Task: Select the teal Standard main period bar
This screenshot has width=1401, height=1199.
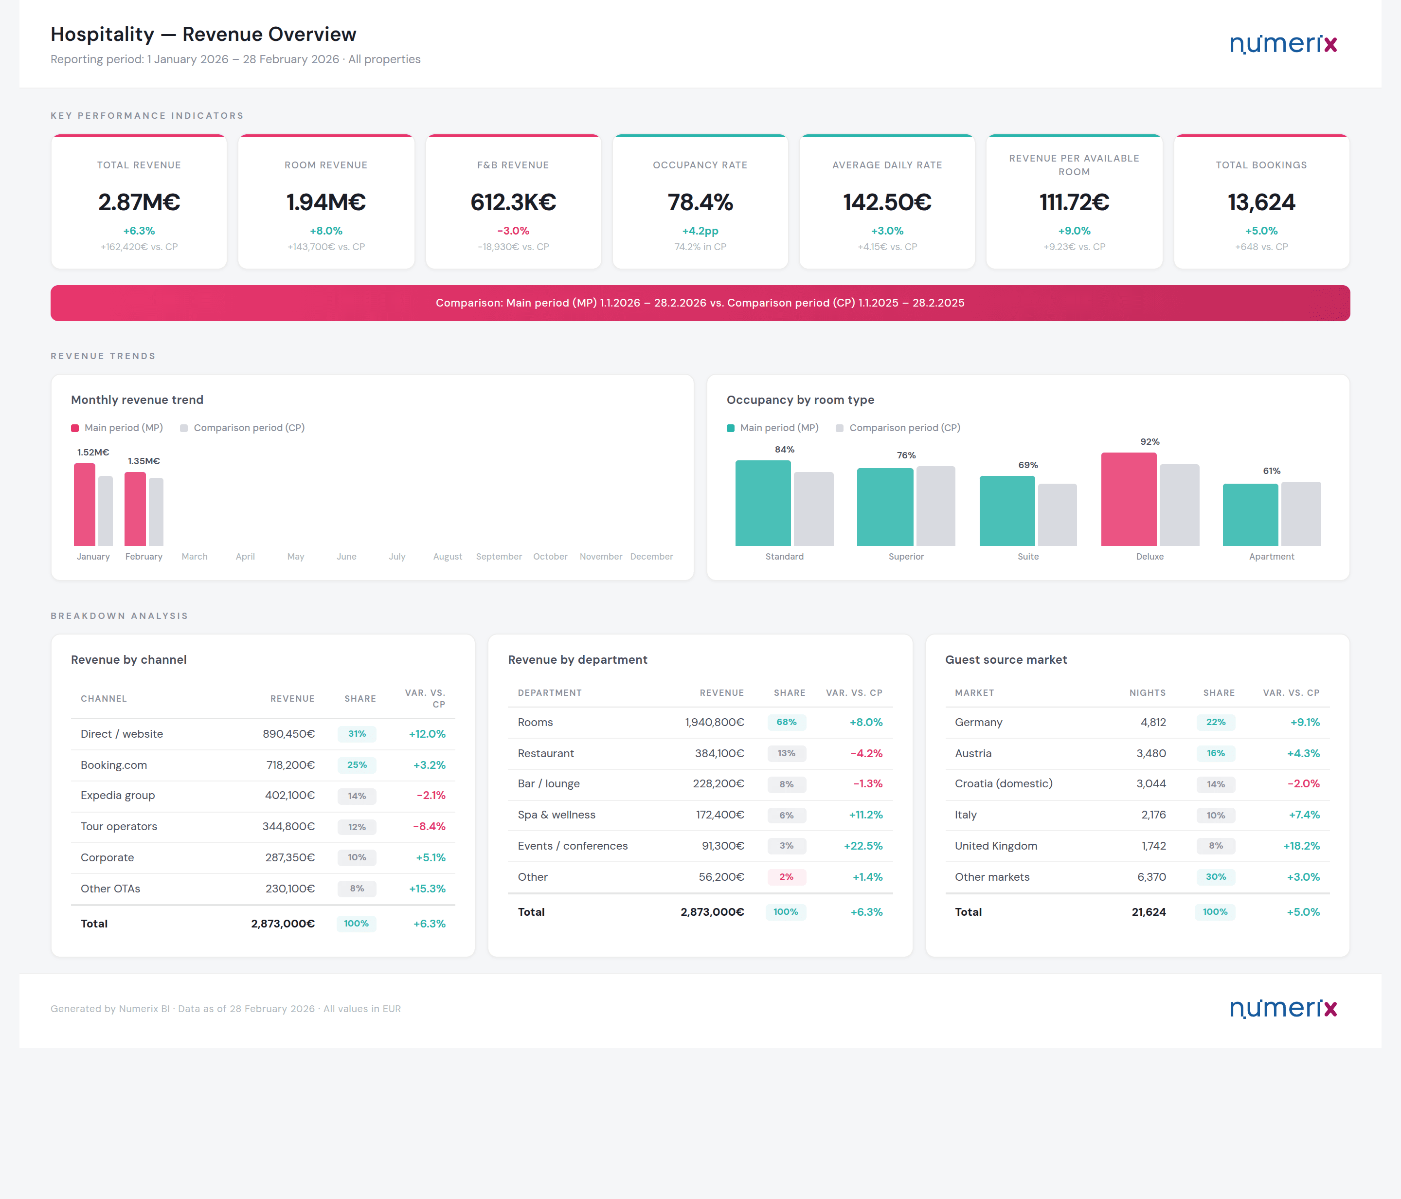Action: (x=763, y=503)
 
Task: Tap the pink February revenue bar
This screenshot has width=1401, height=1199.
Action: (x=135, y=509)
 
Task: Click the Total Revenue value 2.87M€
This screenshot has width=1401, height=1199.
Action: (x=139, y=202)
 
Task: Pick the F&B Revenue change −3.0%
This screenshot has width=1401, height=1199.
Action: (x=513, y=231)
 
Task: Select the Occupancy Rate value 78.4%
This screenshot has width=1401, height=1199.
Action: (x=700, y=202)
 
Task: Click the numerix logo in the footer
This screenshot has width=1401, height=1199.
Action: (x=1283, y=1008)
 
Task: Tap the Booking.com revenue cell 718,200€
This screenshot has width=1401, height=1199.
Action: (x=290, y=765)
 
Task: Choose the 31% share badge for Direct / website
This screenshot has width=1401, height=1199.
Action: (x=357, y=734)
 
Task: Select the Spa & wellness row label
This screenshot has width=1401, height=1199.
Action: (x=556, y=815)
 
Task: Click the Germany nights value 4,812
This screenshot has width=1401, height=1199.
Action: (x=1153, y=722)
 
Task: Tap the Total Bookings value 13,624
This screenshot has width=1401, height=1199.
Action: (x=1261, y=202)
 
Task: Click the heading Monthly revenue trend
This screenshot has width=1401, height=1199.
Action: (x=137, y=400)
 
